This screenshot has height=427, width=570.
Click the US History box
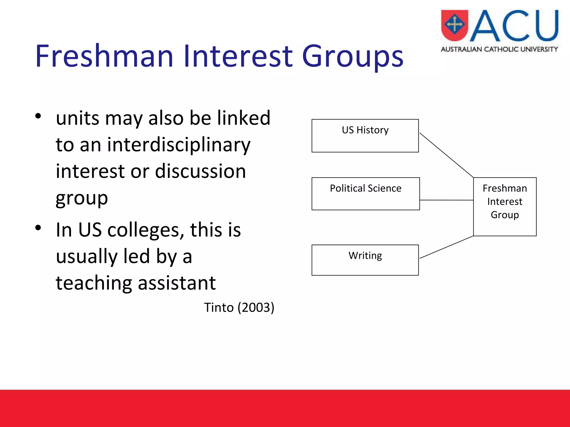click(x=365, y=136)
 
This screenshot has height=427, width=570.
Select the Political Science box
click(x=365, y=194)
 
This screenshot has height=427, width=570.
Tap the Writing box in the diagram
click(x=365, y=260)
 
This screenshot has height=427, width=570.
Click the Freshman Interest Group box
click(x=505, y=207)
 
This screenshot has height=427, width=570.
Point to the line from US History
click(x=446, y=155)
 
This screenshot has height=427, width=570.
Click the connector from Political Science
click(x=446, y=200)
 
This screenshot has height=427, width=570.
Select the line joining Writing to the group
click(x=446, y=247)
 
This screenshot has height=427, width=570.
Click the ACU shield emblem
click(x=454, y=25)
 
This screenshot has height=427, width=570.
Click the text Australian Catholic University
click(x=499, y=49)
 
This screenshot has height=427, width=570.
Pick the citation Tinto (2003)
click(x=239, y=307)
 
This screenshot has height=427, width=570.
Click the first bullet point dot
click(x=38, y=116)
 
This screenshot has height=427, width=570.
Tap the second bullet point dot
click(x=38, y=228)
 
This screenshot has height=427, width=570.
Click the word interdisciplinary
click(x=179, y=145)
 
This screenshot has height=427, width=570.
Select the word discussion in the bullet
click(x=200, y=171)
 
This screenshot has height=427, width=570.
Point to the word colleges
click(x=146, y=230)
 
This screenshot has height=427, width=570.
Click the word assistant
click(x=176, y=283)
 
